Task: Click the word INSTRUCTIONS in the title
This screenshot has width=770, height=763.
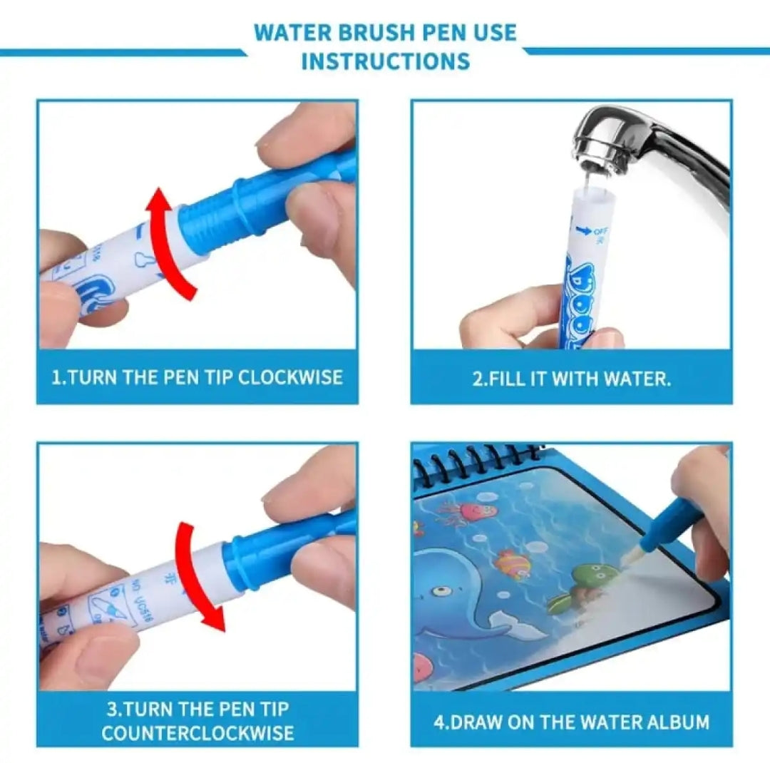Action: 385,61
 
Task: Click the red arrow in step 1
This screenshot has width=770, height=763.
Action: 168,243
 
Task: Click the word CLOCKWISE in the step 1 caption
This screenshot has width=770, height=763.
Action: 290,377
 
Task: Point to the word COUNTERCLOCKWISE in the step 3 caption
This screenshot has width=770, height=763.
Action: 197,732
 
